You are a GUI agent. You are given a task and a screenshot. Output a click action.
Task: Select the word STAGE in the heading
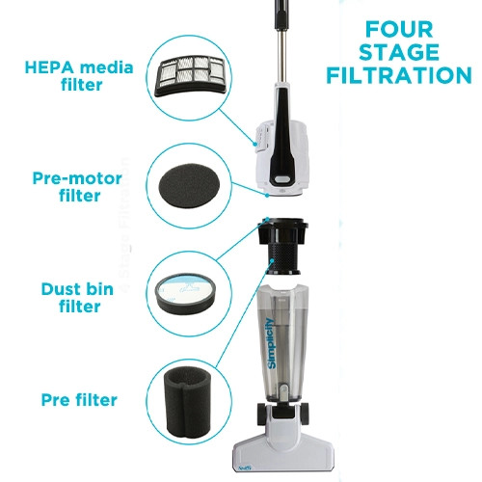coord(395,50)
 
